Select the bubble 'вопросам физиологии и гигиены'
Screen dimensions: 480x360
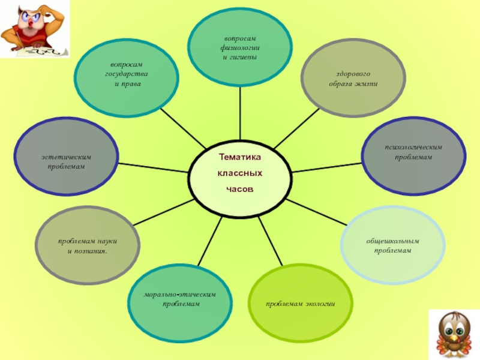pos(240,48)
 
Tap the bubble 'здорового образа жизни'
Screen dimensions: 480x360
pos(352,78)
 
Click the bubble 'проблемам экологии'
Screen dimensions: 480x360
pos(300,304)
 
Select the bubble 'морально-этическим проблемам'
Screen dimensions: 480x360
pos(180,300)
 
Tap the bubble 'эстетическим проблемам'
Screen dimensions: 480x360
pos(67,161)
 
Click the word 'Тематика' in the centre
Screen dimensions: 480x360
pos(240,157)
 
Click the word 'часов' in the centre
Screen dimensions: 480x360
pos(240,189)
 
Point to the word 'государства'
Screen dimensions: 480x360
pos(127,74)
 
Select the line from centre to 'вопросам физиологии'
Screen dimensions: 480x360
pos(240,114)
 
